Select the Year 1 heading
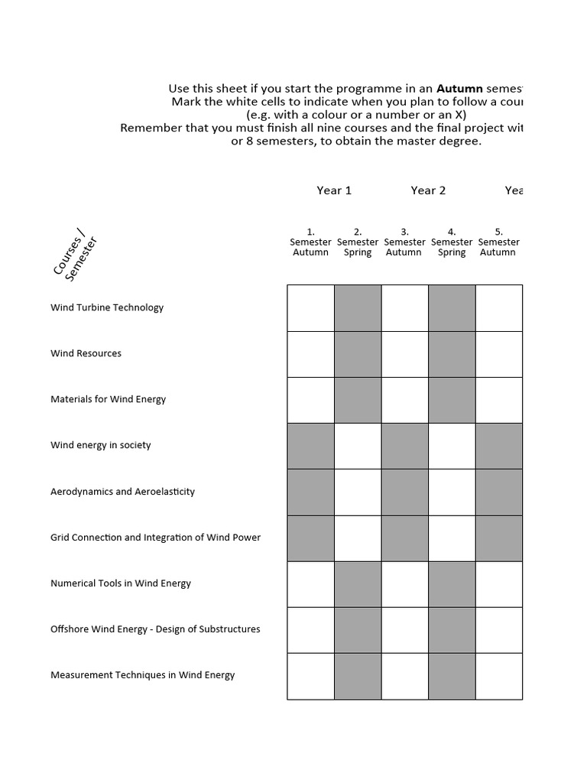pyautogui.click(x=334, y=190)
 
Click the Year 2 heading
pyautogui.click(x=428, y=190)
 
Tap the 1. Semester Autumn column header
pyautogui.click(x=310, y=242)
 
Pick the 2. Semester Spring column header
pyautogui.click(x=358, y=242)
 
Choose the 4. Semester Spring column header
pyautogui.click(x=452, y=242)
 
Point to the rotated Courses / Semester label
pyautogui.click(x=76, y=258)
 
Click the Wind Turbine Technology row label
pyautogui.click(x=107, y=307)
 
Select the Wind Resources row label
pyautogui.click(x=86, y=353)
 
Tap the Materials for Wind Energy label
pyautogui.click(x=108, y=399)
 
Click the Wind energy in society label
pyautogui.click(x=101, y=445)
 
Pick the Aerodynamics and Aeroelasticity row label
pyautogui.click(x=122, y=492)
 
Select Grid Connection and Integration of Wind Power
pyautogui.click(x=155, y=538)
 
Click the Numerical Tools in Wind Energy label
pyautogui.click(x=121, y=583)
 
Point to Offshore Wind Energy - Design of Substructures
pyautogui.click(x=155, y=629)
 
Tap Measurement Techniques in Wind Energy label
pyautogui.click(x=142, y=675)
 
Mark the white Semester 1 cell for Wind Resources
pyautogui.click(x=310, y=354)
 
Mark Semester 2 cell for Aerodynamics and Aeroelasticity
pyautogui.click(x=358, y=492)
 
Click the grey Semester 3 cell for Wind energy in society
pyautogui.click(x=404, y=446)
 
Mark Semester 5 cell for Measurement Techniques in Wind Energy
pyautogui.click(x=498, y=676)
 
